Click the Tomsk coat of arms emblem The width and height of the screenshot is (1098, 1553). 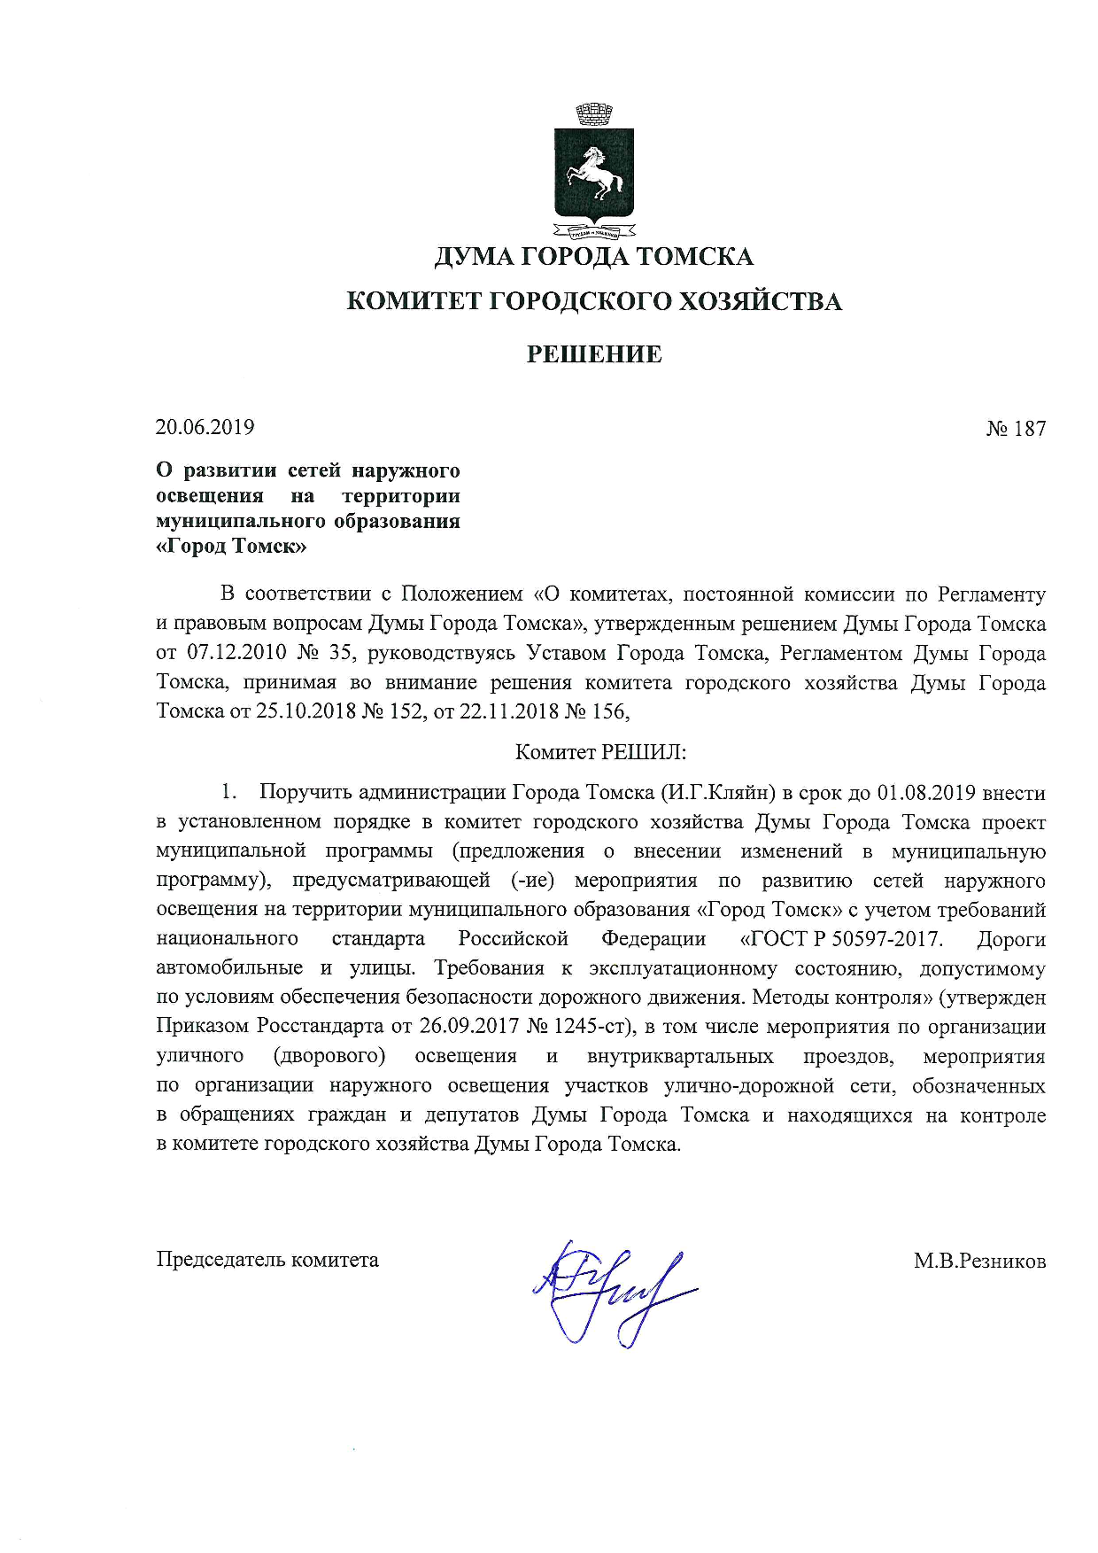tap(593, 174)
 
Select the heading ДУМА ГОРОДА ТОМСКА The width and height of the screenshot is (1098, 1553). tap(593, 257)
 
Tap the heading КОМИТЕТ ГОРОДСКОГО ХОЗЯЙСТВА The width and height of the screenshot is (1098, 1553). tap(593, 301)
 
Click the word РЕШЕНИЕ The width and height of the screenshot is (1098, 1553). tap(594, 354)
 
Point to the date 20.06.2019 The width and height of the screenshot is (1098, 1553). tap(205, 427)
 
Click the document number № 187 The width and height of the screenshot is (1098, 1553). tap(1016, 429)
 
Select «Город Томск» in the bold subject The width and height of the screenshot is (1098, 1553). tap(231, 547)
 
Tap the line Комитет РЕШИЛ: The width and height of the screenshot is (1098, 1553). tap(601, 752)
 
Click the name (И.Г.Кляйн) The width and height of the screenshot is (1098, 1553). tap(718, 792)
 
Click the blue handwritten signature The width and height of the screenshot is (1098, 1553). tap(611, 1289)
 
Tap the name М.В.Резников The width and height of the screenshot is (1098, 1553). tap(979, 1261)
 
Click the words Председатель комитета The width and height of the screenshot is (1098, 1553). tap(267, 1260)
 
